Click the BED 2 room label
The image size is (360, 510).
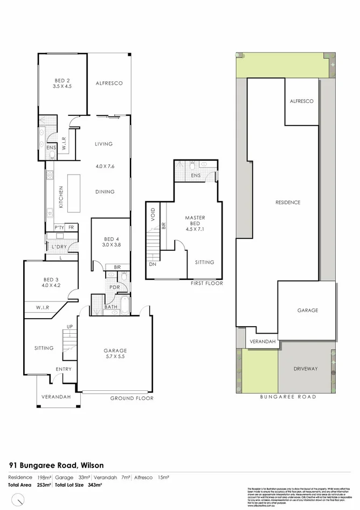coord(62,79)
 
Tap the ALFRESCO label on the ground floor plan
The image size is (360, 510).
coord(109,83)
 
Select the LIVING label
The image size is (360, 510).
coord(103,144)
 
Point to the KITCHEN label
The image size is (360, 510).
coord(61,197)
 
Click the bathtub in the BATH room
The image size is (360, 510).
coord(123,305)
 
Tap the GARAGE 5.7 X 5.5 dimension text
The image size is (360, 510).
coord(115,357)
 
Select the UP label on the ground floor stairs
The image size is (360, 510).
coord(70,327)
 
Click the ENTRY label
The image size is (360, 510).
coord(63,369)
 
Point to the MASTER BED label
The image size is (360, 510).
coord(195,221)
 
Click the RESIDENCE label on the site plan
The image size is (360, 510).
coord(287,203)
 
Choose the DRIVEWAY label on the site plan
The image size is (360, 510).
coord(306,369)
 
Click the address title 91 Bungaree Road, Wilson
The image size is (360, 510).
coord(56,465)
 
